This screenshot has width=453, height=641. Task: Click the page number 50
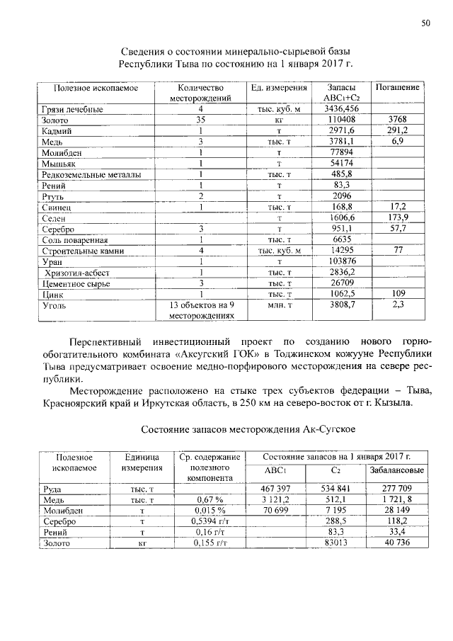(426, 23)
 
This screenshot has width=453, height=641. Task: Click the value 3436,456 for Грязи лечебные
(341, 109)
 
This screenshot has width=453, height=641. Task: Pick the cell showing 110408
(341, 120)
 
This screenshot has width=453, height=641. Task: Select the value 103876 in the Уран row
(341, 261)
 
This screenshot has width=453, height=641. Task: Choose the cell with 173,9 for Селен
(397, 218)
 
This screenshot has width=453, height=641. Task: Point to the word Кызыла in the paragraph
(396, 404)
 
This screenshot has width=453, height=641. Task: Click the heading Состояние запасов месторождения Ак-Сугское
(247, 430)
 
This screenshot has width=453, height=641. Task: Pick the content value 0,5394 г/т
(210, 521)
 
